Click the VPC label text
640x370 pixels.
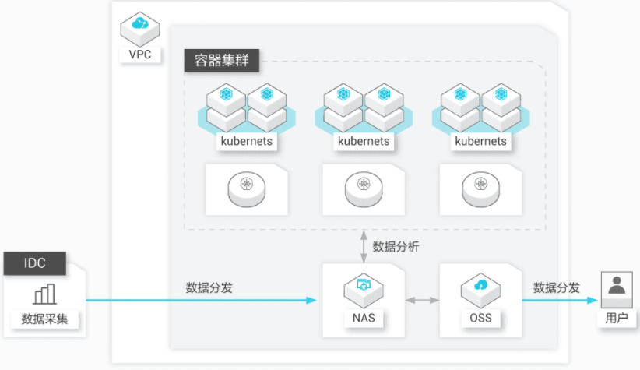pyautogui.click(x=140, y=55)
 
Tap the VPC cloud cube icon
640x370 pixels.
pyautogui.click(x=140, y=29)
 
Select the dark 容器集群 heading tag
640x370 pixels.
pyautogui.click(x=222, y=61)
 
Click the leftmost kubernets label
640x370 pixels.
pyautogui.click(x=247, y=141)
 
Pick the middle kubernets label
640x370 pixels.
pyautogui.click(x=364, y=141)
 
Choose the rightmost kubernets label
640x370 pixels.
pyautogui.click(x=481, y=141)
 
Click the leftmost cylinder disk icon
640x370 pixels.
pyautogui.click(x=247, y=189)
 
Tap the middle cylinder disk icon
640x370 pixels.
pyautogui.click(x=364, y=189)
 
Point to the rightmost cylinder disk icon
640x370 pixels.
pyautogui.click(x=481, y=189)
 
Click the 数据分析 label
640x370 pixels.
pyautogui.click(x=396, y=247)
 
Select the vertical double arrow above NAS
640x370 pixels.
pyautogui.click(x=364, y=247)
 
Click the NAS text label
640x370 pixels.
pyautogui.click(x=364, y=318)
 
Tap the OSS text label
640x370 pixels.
pyautogui.click(x=481, y=318)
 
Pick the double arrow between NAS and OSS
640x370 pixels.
pyautogui.click(x=422, y=300)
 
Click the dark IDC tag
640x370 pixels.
pyautogui.click(x=35, y=263)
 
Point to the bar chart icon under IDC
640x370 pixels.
pyautogui.click(x=44, y=294)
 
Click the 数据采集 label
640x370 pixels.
pyautogui.click(x=44, y=319)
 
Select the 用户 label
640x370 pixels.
pyautogui.click(x=617, y=318)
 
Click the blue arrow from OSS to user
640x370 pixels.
pyautogui.click(x=560, y=300)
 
